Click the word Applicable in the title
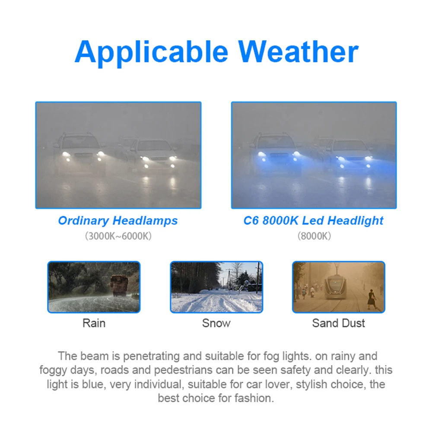(151, 53)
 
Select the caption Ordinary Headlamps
(118, 221)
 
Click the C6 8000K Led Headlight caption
(314, 221)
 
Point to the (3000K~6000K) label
(118, 236)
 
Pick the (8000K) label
(314, 236)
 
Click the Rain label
(94, 323)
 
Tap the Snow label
(216, 323)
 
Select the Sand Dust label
(338, 323)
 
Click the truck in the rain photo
(119, 286)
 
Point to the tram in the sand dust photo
(335, 287)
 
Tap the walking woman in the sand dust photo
(372, 299)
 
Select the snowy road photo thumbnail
(216, 287)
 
